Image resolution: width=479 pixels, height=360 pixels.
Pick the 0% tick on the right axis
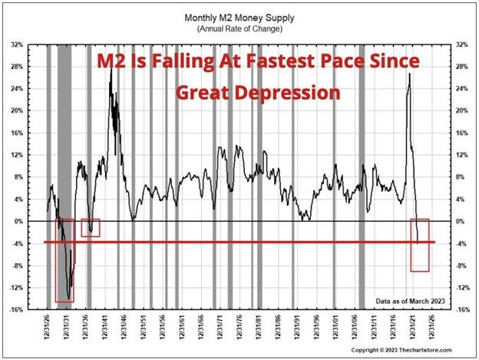[461, 222]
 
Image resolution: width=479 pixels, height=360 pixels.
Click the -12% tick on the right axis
[463, 288]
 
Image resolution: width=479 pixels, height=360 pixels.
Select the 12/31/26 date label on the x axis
[48, 328]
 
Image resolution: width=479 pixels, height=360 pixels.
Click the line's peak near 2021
[410, 74]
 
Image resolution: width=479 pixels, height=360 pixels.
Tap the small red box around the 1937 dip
[90, 227]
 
